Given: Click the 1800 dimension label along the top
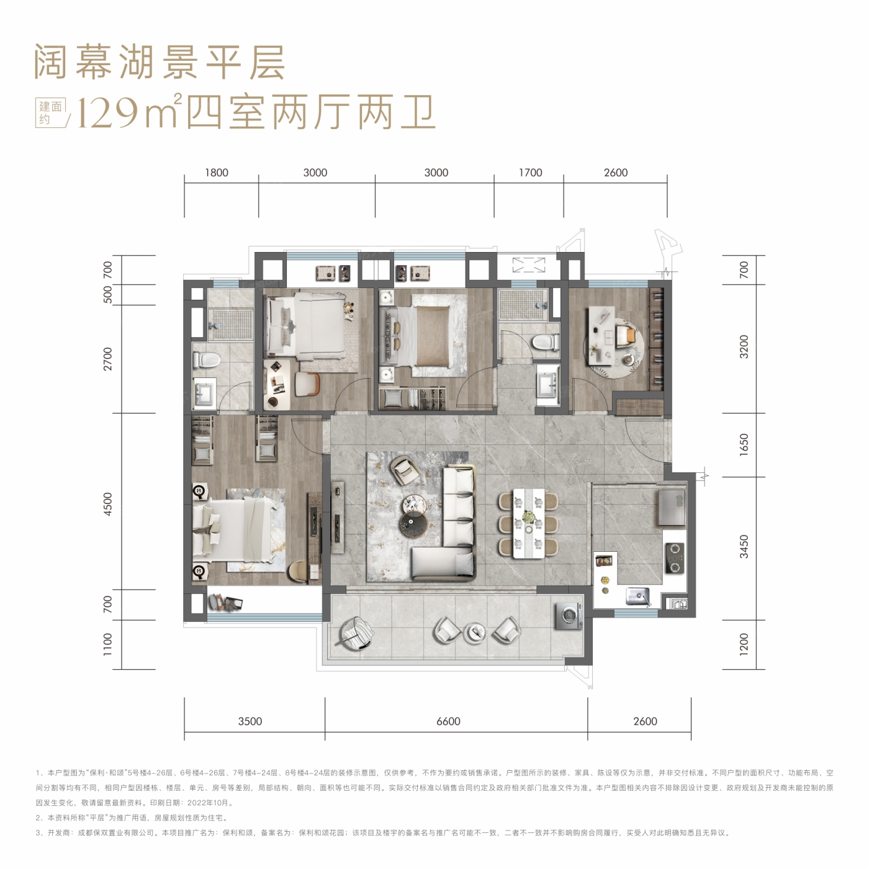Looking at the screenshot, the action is (x=217, y=173).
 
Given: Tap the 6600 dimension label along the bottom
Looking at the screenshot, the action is (x=448, y=721).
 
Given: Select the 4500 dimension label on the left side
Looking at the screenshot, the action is (x=107, y=504).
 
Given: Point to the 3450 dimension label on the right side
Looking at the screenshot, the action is (x=744, y=547).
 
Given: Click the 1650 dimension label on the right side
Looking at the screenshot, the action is (x=744, y=444).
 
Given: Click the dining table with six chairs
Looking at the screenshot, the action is (x=528, y=523).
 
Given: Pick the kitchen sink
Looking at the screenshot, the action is (x=638, y=597).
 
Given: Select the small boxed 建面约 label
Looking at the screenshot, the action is (x=50, y=112).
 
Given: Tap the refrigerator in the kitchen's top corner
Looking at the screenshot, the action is (x=672, y=508).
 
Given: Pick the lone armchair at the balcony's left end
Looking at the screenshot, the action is (x=357, y=633).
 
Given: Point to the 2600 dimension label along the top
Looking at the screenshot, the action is (x=616, y=173).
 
